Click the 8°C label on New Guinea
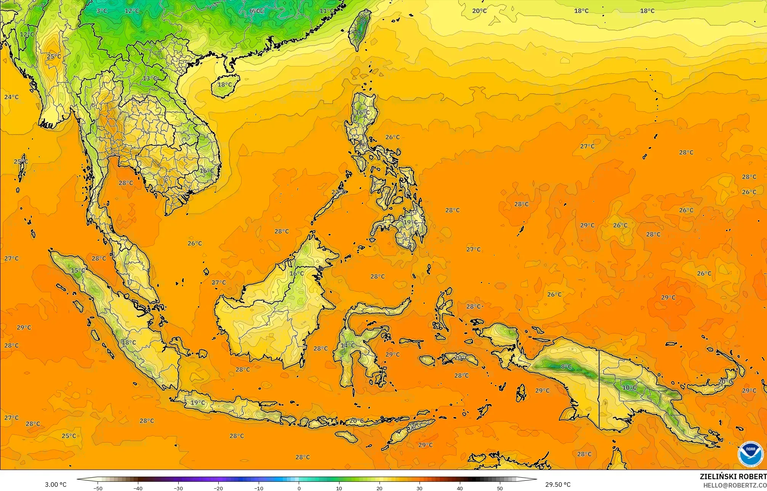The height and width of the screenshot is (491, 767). tap(566, 367)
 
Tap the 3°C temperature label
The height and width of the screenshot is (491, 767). tap(101, 11)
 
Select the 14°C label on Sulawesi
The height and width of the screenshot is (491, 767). tap(347, 345)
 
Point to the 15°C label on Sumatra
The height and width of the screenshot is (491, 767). tap(78, 270)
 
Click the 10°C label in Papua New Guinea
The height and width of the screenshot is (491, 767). tap(629, 388)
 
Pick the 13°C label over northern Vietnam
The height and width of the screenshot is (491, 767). tap(150, 79)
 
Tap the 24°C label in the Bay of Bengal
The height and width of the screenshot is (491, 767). tap(11, 97)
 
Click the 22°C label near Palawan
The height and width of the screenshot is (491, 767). tap(338, 192)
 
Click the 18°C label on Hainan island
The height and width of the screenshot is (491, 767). tap(224, 85)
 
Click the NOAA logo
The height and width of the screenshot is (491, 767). tap(750, 454)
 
